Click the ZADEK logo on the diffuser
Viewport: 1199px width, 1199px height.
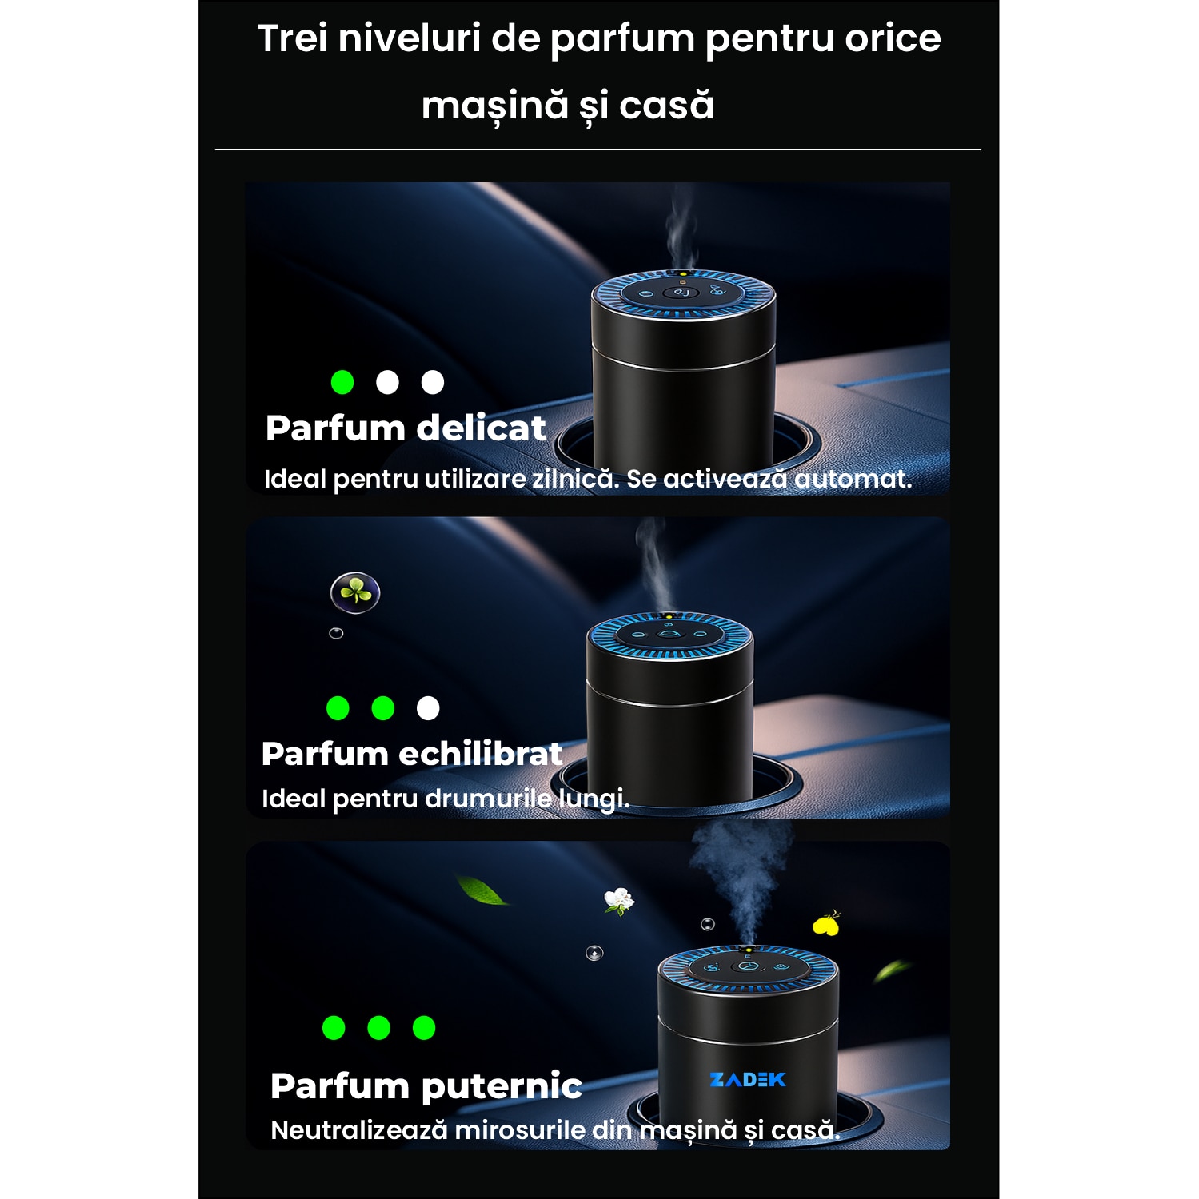coord(748,1080)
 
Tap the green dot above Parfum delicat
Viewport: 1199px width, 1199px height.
coord(342,382)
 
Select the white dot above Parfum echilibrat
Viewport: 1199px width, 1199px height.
coord(428,708)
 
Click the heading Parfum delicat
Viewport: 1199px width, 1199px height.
coord(406,428)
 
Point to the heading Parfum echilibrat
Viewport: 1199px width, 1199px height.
coord(412,754)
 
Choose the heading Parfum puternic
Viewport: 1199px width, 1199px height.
coord(426,1086)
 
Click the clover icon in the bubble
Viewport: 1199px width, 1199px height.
coord(355,592)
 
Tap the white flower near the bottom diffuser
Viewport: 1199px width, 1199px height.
coord(618,902)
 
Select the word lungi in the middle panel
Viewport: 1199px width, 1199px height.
coord(594,799)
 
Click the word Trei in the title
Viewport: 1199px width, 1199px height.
coord(292,38)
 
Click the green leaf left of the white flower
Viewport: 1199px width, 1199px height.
coord(482,890)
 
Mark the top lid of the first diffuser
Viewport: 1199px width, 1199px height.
coord(683,293)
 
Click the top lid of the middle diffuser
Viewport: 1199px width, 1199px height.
coord(669,635)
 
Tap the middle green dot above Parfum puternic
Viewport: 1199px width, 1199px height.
coord(378,1027)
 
